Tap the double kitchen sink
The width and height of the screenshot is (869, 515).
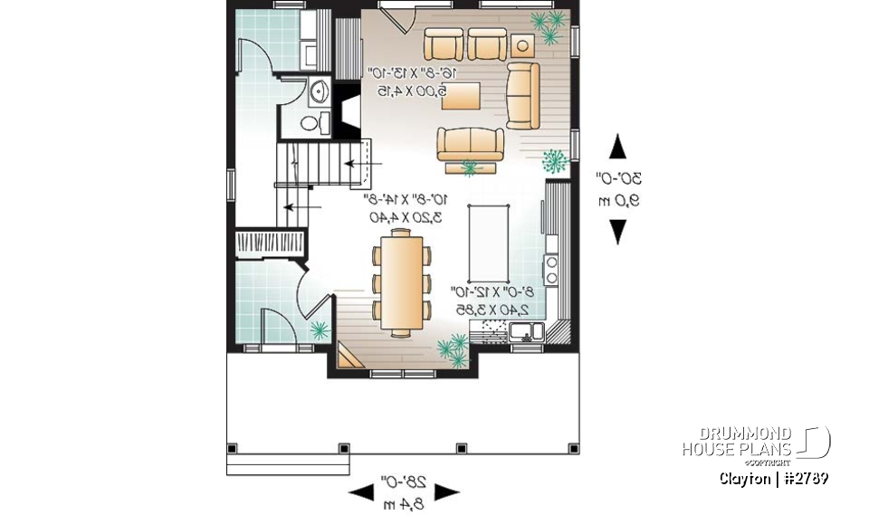(x=524, y=332)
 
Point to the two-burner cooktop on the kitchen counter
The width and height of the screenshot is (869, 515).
(x=550, y=267)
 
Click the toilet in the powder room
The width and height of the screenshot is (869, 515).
(x=310, y=122)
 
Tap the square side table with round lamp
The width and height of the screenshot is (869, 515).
(x=522, y=44)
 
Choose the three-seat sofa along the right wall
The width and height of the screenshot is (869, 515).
(x=522, y=95)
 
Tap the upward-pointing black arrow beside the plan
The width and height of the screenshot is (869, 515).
(x=617, y=146)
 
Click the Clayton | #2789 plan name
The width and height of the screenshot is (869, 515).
(x=774, y=478)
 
